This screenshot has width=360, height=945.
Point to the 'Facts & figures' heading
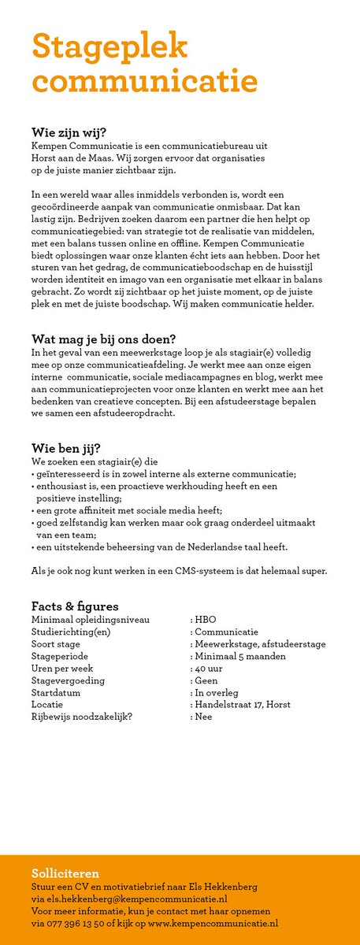click(x=75, y=606)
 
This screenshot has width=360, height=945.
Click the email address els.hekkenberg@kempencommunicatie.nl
click(x=136, y=899)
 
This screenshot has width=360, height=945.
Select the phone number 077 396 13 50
click(x=85, y=923)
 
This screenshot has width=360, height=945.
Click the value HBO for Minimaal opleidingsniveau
click(x=205, y=620)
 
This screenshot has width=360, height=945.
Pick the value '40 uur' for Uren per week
click(x=209, y=668)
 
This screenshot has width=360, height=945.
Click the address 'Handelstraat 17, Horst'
click(x=242, y=704)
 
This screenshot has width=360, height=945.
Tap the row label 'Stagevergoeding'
click(x=68, y=680)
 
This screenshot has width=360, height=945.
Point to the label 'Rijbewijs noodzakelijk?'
click(x=82, y=717)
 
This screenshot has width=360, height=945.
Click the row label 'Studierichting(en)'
click(x=71, y=632)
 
